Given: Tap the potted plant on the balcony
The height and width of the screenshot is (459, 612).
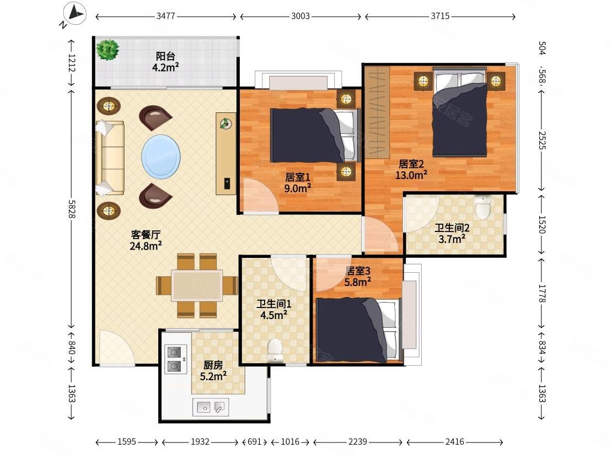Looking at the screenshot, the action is [108, 50].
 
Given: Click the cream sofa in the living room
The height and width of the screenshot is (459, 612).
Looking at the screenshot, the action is [110, 158].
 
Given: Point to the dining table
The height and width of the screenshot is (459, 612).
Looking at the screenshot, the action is [197, 285].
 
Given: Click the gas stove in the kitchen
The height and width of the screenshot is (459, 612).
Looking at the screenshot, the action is [175, 359].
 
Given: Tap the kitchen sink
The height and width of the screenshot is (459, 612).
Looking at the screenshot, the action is [211, 407].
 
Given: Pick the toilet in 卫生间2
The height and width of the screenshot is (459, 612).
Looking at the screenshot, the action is [483, 207].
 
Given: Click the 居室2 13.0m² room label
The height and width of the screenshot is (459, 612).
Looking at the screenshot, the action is [411, 170].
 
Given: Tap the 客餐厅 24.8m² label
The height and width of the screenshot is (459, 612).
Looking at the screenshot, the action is [146, 240].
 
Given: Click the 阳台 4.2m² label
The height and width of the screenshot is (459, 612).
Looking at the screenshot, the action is [165, 62].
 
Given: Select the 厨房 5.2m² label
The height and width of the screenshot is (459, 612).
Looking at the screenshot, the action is [213, 370].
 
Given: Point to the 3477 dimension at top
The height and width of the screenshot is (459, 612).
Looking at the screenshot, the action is [166, 17].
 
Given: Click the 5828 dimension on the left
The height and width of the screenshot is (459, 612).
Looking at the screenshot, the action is [72, 209].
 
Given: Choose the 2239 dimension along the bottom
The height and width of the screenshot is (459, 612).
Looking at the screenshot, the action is [357, 442].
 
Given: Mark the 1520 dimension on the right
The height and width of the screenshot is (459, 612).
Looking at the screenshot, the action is [542, 225].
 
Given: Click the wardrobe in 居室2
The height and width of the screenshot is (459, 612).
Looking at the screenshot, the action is [378, 112].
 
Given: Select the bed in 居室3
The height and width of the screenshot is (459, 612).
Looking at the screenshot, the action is [358, 330].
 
